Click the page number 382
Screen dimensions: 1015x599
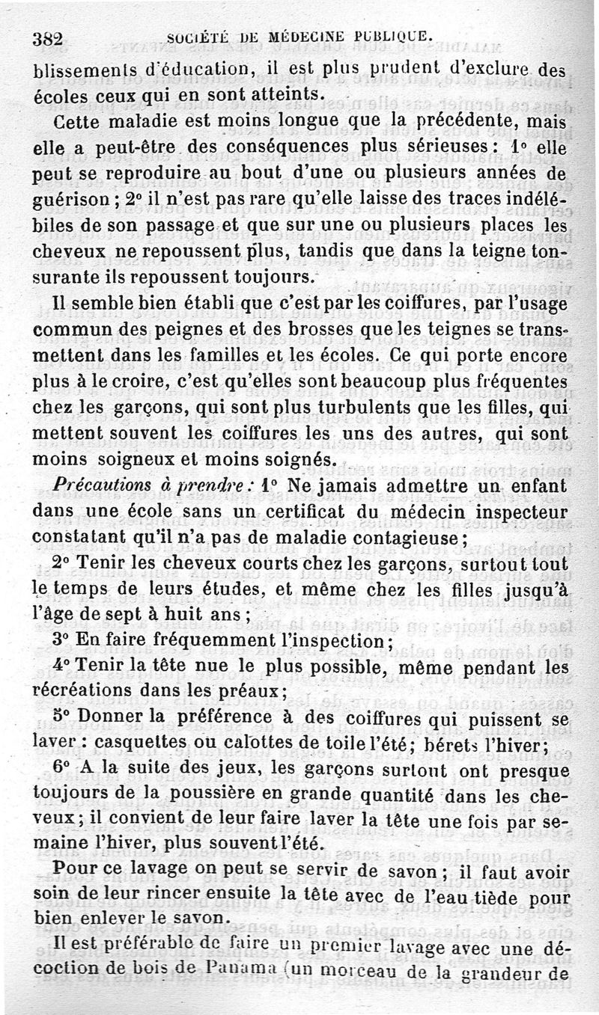(47, 38)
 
